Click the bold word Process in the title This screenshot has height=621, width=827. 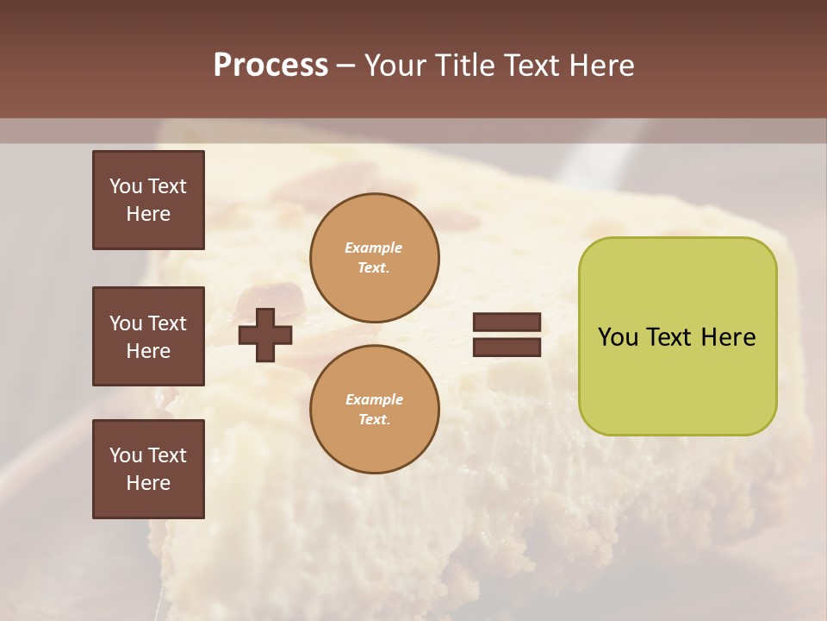point(270,66)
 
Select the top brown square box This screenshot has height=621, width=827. point(148,200)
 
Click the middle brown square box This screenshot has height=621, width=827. point(148,336)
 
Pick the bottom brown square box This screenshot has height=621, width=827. point(148,469)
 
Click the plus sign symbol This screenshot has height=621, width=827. point(265,335)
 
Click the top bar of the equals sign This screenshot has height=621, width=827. point(507,323)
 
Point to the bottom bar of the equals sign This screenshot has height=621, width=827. point(507,347)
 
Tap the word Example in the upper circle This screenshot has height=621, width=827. point(374,248)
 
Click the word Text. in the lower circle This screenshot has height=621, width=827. point(374,419)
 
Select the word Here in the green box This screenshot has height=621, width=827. point(728,337)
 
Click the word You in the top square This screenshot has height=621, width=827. point(126,186)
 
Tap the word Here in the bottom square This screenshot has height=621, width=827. point(148,483)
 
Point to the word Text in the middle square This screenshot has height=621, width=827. point(167,323)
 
